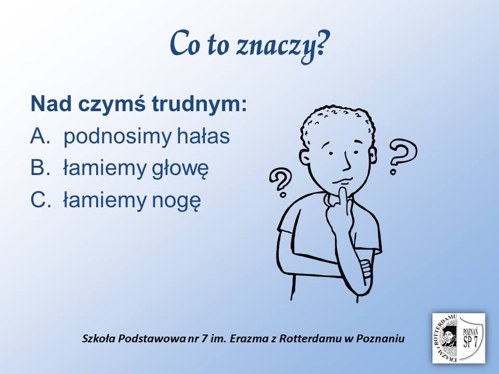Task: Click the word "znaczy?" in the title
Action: click(282, 46)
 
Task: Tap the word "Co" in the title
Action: click(182, 44)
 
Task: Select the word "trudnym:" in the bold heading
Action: click(199, 104)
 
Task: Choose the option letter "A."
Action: click(41, 136)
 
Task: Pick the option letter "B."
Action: click(41, 168)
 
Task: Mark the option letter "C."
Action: click(41, 199)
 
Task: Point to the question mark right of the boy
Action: click(402, 155)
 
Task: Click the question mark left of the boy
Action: click(281, 182)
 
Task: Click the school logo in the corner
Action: click(458, 338)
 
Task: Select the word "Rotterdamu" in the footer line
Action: click(310, 338)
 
